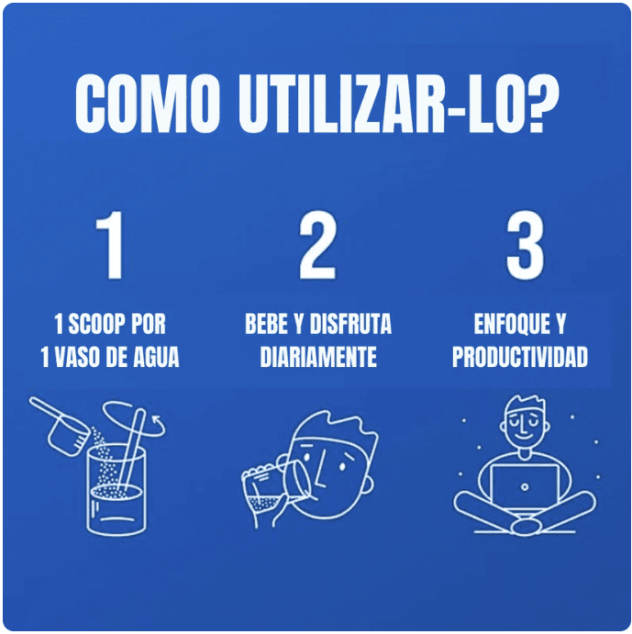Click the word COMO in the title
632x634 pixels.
147,104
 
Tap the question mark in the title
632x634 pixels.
543,104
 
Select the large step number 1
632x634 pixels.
110,245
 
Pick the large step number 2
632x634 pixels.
317,245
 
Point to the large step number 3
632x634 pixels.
525,245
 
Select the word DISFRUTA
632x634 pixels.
351,324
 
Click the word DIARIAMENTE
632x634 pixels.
318,357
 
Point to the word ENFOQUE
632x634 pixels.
512,324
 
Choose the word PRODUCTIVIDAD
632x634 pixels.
520,357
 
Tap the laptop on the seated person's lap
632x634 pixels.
525,486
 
